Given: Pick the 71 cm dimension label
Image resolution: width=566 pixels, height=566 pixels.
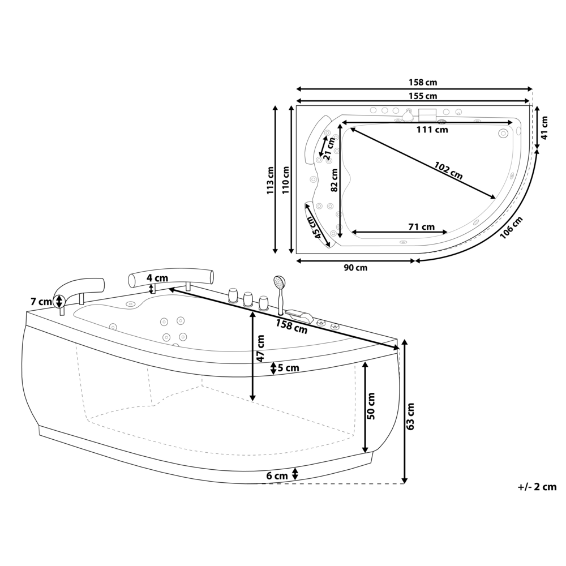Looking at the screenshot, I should click(x=421, y=227).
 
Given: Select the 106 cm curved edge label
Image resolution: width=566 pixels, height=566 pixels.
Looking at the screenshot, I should click(x=511, y=228).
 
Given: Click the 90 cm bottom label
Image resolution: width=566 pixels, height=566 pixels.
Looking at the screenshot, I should click(x=355, y=268).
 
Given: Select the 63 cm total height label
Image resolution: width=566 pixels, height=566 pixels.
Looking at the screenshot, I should click(x=411, y=416).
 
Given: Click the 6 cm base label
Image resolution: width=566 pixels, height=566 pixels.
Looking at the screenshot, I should click(x=277, y=476).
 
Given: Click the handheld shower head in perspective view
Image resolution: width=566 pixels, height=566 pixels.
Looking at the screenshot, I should click(x=278, y=281).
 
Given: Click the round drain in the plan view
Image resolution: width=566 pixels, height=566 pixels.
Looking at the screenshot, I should click(x=503, y=134).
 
